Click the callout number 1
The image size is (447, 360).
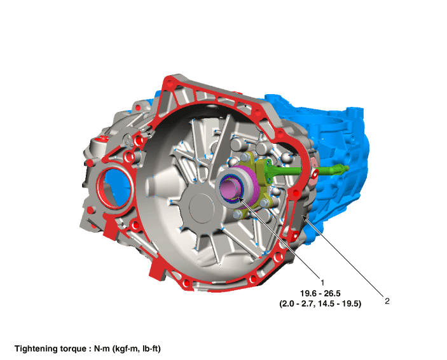coord(322,282)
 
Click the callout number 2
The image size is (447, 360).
coord(387,301)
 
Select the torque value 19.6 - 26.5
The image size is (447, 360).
coord(320,293)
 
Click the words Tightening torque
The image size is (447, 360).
coord(50,349)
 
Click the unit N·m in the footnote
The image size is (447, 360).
coord(102,349)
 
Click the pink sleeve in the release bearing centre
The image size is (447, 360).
coord(229,188)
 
